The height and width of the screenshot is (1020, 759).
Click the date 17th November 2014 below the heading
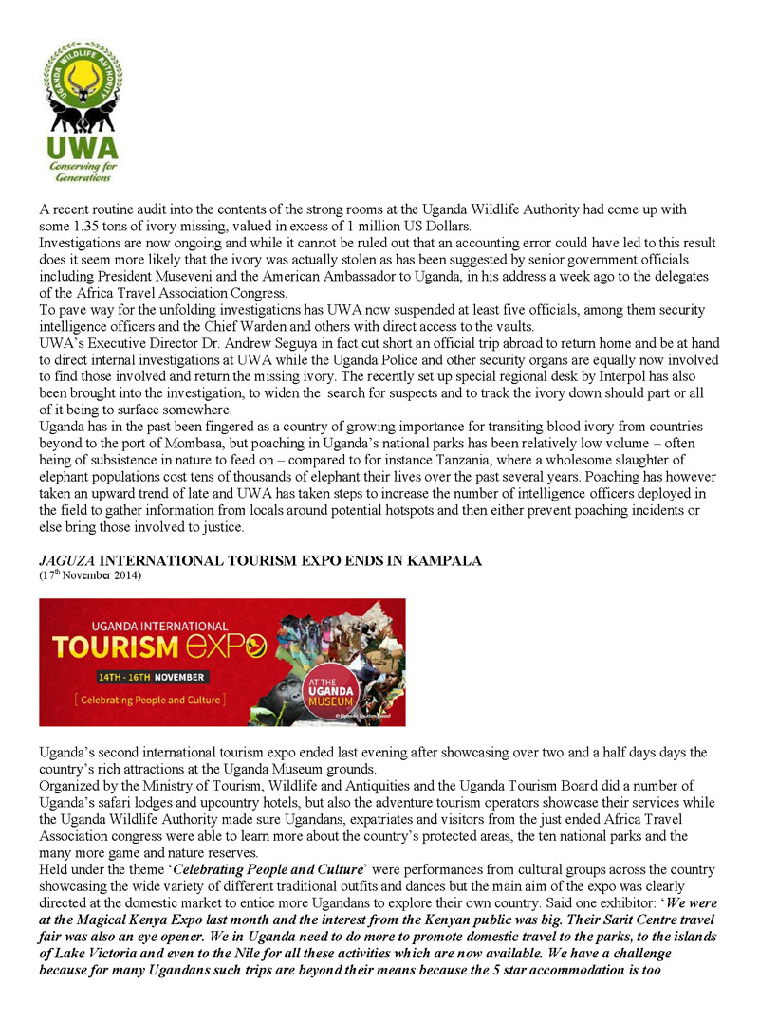[x=90, y=574]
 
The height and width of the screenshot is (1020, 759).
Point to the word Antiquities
[x=365, y=786]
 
